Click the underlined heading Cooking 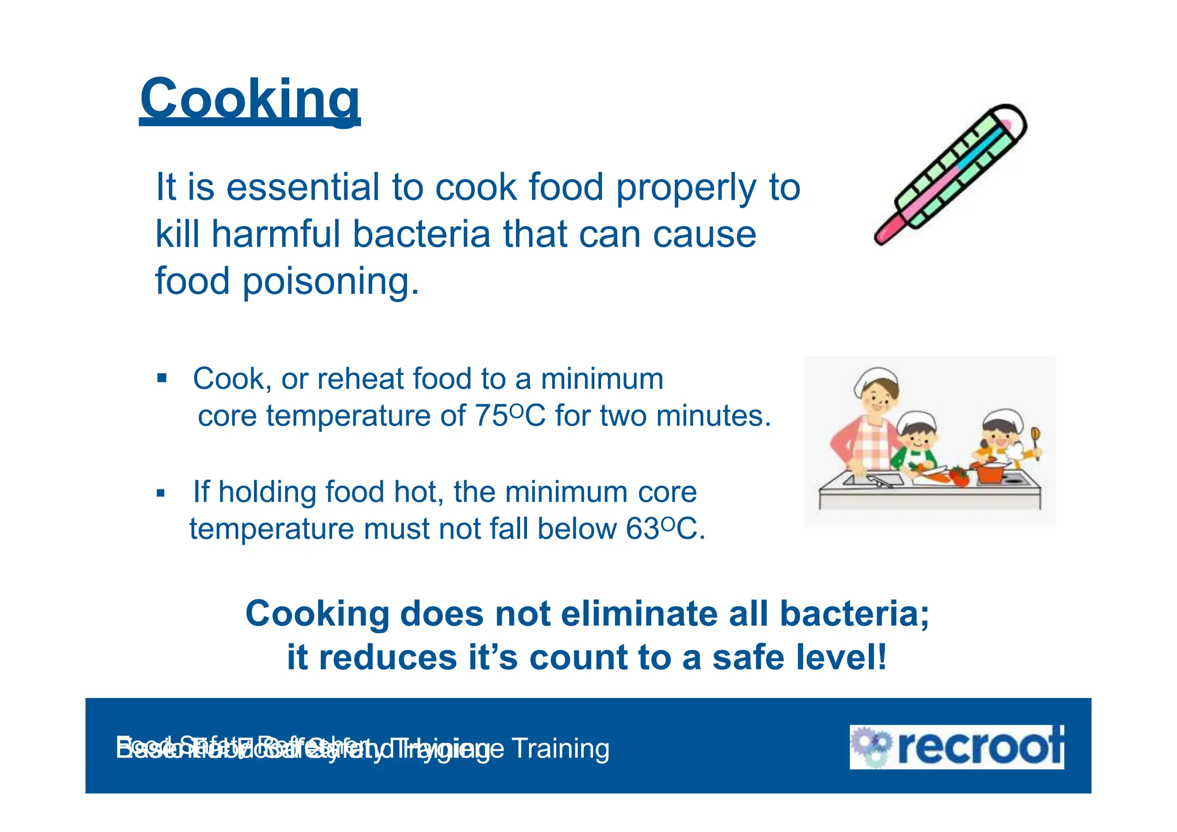249,99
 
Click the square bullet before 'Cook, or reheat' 162,378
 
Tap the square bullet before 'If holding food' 161,493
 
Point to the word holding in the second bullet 267,492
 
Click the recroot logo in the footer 956,747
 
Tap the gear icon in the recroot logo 871,746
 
